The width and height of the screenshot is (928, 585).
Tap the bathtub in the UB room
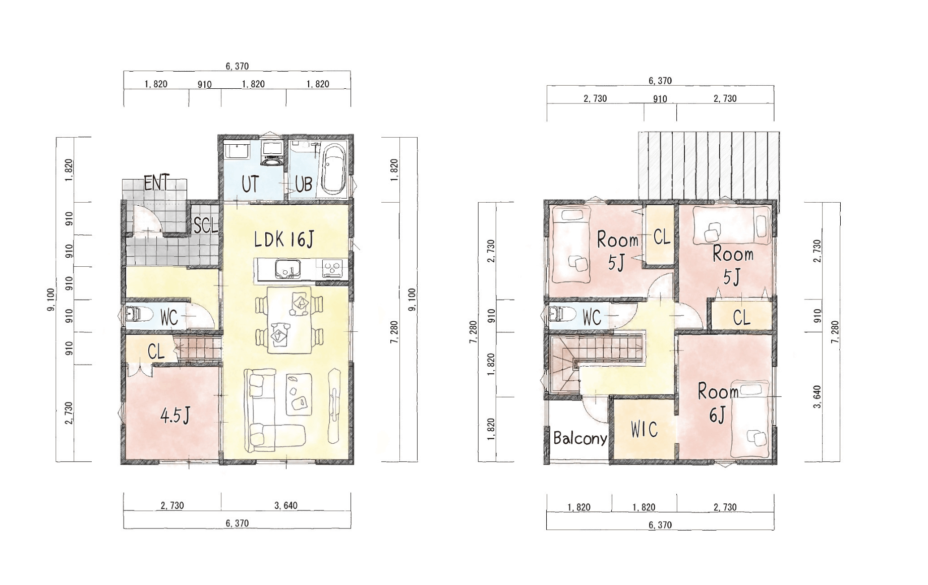coord(333,169)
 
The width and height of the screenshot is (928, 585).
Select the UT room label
coord(250,185)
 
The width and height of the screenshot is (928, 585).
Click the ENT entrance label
coord(157,183)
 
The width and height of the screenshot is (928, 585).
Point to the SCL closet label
coord(206,225)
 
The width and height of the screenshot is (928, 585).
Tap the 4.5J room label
coord(175,416)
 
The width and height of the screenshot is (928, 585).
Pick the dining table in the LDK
coord(289,320)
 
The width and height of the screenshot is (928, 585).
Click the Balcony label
coord(580,438)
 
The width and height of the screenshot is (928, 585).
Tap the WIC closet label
coord(644,430)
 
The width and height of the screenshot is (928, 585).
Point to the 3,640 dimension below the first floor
coord(286,505)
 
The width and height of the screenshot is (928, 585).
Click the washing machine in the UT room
coord(272,153)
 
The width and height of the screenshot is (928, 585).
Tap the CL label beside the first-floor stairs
coord(156,352)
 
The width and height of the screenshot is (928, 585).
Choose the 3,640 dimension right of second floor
coord(818,397)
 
